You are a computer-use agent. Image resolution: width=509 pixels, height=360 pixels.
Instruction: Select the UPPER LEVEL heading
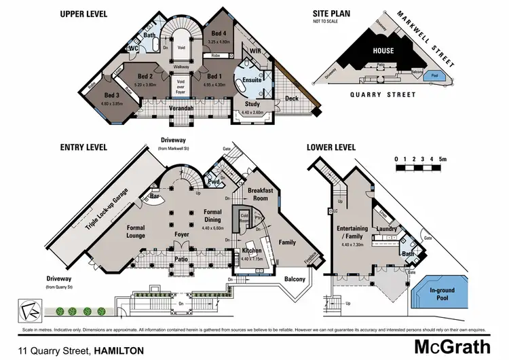click(88, 13)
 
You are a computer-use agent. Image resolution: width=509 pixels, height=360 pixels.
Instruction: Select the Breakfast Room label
click(261, 194)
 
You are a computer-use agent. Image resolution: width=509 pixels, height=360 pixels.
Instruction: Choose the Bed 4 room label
click(219, 33)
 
